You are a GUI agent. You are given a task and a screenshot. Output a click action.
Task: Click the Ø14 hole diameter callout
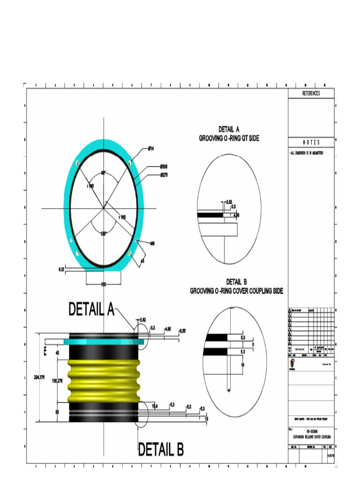(151, 149)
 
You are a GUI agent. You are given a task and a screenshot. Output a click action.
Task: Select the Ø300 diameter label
(164, 166)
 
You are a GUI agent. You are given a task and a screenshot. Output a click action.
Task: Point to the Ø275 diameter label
(164, 175)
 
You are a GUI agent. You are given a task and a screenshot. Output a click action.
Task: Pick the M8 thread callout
(152, 243)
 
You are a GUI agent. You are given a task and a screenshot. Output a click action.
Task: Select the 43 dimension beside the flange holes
(142, 260)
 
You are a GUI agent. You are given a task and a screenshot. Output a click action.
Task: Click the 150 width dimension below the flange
(103, 284)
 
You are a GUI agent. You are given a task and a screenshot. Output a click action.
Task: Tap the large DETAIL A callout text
(91, 309)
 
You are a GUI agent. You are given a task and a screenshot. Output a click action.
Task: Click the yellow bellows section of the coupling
(104, 380)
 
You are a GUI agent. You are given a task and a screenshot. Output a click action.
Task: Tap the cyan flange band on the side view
(103, 342)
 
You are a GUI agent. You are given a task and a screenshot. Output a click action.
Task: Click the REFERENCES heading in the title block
(311, 93)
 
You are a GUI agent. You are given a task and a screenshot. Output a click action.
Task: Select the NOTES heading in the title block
(311, 142)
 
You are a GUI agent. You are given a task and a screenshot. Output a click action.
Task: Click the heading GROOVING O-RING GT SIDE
(229, 138)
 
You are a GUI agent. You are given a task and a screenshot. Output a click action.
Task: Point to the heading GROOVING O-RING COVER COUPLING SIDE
(236, 291)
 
